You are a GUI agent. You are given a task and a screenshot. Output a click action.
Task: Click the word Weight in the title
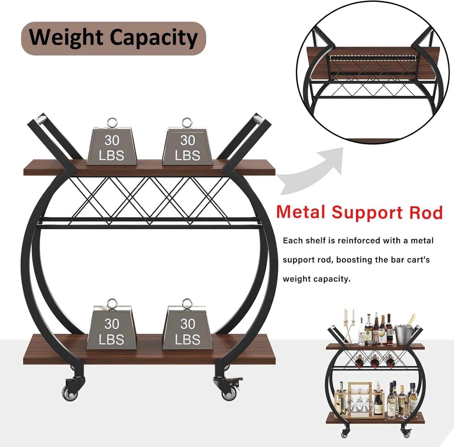(66, 38)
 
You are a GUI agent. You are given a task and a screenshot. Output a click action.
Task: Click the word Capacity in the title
(154, 38)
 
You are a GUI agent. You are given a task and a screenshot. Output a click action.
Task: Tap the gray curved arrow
(311, 171)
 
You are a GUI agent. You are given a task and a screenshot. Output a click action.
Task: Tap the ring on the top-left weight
(112, 123)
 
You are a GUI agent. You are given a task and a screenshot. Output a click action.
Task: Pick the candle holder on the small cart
(349, 327)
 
